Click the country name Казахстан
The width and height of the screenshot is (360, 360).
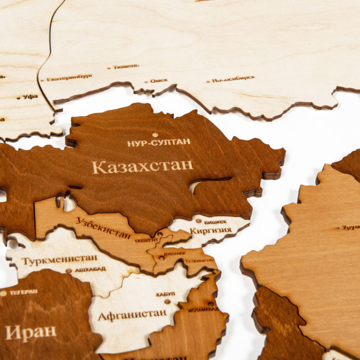(x=143, y=166)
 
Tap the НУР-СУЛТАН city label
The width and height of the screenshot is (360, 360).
(x=158, y=143)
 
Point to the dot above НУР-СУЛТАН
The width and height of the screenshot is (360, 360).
(x=155, y=135)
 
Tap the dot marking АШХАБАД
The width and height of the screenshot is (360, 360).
(x=68, y=271)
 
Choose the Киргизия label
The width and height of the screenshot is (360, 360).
(x=211, y=231)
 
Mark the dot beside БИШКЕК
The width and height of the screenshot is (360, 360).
(x=198, y=220)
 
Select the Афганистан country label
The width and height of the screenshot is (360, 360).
(x=132, y=315)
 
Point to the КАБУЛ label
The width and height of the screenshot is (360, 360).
(x=166, y=294)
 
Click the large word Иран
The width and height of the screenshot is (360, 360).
(x=31, y=333)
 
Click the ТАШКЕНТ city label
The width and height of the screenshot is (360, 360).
(x=146, y=240)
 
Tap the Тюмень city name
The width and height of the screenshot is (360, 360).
(x=126, y=67)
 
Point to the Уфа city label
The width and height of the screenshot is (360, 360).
(x=30, y=96)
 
